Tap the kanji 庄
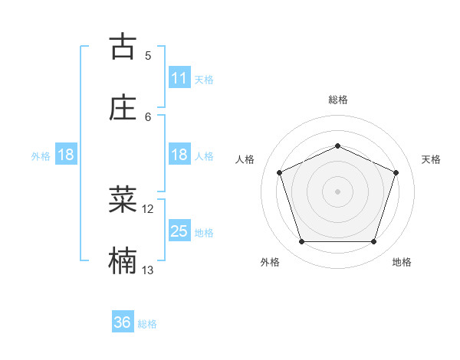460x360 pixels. pos(123,107)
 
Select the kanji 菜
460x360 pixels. pos(123,199)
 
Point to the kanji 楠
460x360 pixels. pos(123,261)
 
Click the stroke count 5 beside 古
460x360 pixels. pos(148,55)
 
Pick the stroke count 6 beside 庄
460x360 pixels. pos(148,116)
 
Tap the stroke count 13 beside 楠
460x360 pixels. pos(148,270)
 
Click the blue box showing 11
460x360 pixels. pos(179,78)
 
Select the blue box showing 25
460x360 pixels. pos(179,231)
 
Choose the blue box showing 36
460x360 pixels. pos(123,322)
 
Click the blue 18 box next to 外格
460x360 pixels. pos(66,155)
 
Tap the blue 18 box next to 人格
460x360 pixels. pos(179,155)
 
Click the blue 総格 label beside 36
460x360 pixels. pos(147,324)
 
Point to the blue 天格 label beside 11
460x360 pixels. pos(204,79)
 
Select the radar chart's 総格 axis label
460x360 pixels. pos(337,100)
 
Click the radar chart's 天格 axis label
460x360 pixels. pos(431,159)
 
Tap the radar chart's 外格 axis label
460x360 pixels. pos(270,262)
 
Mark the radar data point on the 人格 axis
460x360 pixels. pos(280,172)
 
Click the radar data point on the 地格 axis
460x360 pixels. pos(373,242)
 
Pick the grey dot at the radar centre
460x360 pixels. pos(337,191)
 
